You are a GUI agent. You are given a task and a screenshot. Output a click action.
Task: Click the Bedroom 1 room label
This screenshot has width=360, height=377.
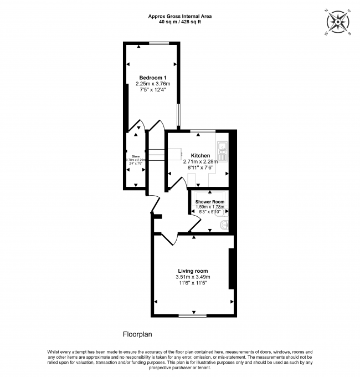(152, 77)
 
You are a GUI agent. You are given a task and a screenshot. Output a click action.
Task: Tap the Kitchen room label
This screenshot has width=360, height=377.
(200, 155)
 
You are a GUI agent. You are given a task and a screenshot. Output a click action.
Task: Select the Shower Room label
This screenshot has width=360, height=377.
(210, 201)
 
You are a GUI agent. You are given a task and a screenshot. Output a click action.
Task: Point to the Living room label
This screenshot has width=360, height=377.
(193, 270)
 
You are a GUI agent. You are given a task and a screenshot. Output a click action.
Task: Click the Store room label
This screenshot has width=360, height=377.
(136, 156)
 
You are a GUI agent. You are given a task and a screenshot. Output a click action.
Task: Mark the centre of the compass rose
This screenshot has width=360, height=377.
(337, 22)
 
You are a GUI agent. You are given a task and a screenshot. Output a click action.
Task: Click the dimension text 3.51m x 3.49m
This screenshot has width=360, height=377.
(193, 277)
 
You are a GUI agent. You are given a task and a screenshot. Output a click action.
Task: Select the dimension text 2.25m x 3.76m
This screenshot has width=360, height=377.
(152, 84)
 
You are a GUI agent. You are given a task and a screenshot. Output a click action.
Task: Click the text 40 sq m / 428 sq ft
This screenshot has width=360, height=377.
(180, 22)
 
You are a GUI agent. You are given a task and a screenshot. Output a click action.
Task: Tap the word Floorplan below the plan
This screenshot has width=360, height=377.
(137, 334)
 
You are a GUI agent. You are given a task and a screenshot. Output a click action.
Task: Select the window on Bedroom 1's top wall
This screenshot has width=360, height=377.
(159, 43)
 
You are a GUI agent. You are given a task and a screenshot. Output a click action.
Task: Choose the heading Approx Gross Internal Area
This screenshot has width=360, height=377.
(180, 16)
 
